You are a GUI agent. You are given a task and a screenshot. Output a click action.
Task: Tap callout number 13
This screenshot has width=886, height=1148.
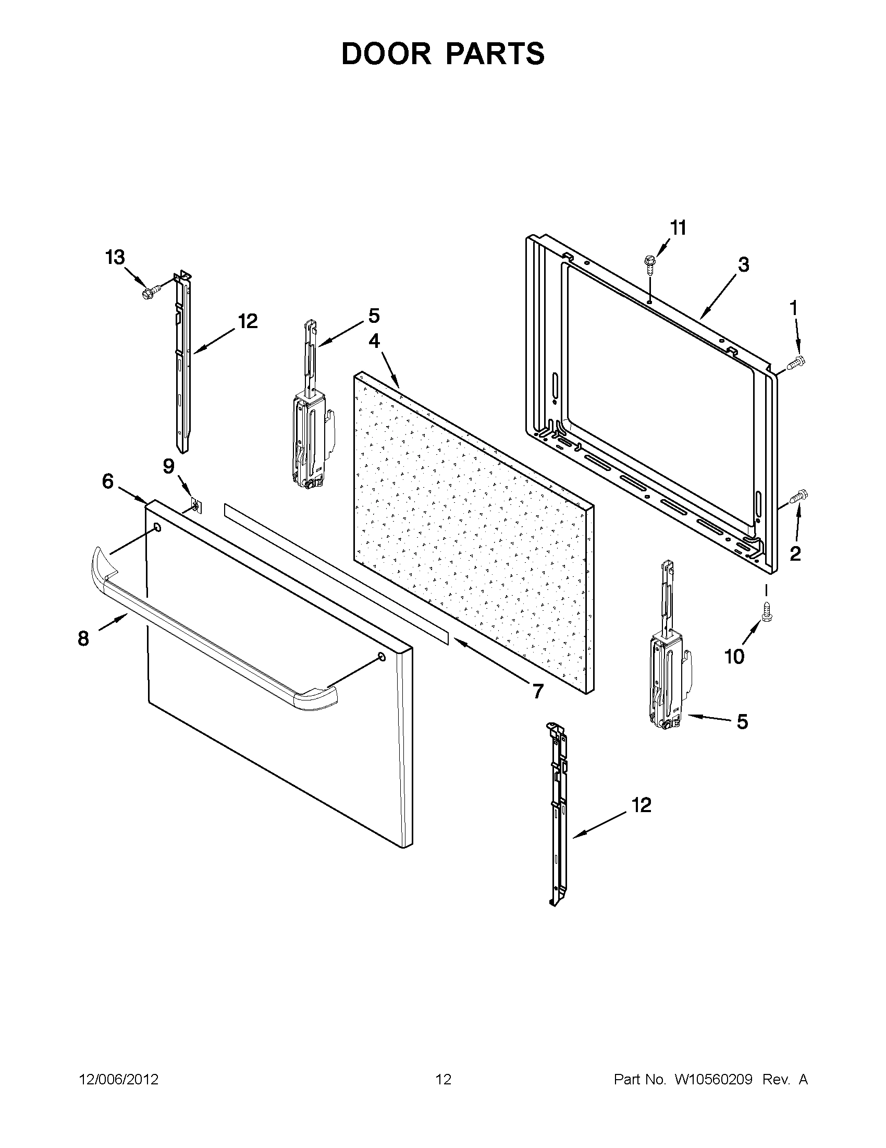tap(115, 258)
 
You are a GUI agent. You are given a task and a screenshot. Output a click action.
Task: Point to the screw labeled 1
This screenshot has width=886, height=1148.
tap(796, 361)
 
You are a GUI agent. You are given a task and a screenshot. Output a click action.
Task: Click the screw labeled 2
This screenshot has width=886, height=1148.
tap(799, 496)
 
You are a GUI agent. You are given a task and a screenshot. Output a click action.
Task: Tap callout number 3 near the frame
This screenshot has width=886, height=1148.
tap(743, 265)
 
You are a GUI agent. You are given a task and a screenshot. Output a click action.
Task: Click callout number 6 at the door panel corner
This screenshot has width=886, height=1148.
tap(108, 480)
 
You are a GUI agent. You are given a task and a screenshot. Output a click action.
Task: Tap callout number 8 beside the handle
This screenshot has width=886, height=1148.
tap(83, 638)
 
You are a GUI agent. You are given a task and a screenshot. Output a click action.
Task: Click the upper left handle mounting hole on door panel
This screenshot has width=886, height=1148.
tap(157, 527)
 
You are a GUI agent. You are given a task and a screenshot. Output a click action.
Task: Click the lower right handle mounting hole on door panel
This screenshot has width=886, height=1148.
tap(382, 657)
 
